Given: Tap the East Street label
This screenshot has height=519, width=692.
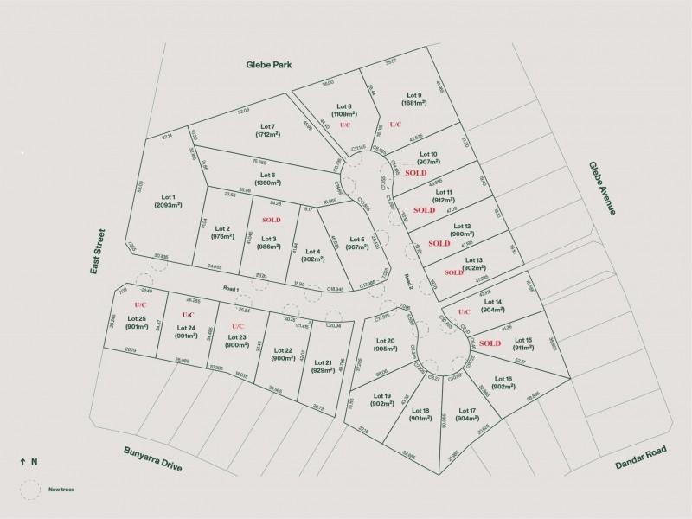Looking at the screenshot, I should (99, 252).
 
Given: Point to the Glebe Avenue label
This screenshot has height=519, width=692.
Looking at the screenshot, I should (602, 189).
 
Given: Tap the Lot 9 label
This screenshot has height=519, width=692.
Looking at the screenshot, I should (413, 95).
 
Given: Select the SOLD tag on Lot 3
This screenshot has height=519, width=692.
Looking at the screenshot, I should (272, 220).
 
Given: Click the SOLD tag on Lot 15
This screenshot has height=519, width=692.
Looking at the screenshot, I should (490, 343).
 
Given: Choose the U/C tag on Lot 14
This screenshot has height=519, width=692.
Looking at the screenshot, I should (464, 311).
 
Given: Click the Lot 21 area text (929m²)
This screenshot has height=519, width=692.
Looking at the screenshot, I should (323, 369).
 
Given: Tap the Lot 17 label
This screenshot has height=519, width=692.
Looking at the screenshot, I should (467, 410).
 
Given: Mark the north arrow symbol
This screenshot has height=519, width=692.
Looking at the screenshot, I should (22, 462).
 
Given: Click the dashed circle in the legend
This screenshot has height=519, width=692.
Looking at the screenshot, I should (31, 489).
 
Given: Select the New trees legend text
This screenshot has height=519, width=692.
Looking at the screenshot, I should (62, 489).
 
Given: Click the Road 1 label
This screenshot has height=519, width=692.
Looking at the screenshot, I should (229, 288).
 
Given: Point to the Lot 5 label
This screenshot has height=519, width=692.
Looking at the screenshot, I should (356, 240).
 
